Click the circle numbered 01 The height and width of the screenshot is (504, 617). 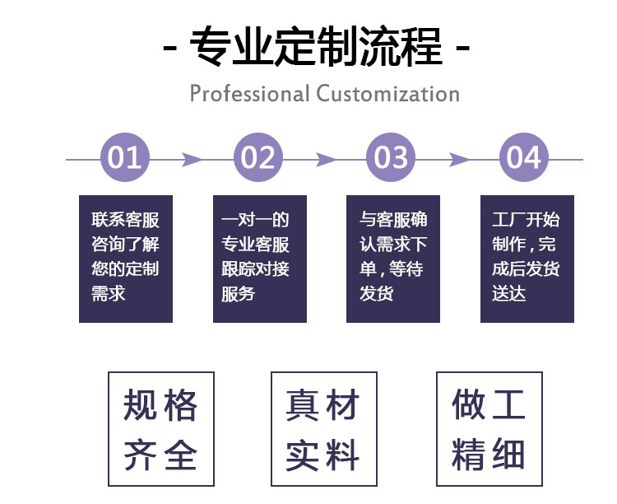(125, 157)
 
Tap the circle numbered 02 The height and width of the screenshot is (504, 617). (258, 157)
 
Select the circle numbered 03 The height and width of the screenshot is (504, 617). (392, 157)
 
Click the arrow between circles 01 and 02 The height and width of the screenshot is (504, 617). (192, 159)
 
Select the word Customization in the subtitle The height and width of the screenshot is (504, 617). (387, 93)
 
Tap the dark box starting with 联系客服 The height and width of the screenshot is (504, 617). (125, 259)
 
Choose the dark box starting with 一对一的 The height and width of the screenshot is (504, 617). (259, 259)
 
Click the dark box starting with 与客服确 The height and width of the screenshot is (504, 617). (393, 259)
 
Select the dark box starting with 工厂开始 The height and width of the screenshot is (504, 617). (527, 259)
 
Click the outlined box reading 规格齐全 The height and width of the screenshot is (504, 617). (161, 429)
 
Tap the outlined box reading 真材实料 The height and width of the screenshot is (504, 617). (323, 429)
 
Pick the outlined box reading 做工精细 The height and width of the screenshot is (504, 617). (489, 429)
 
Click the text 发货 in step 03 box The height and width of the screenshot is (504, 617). (376, 292)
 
